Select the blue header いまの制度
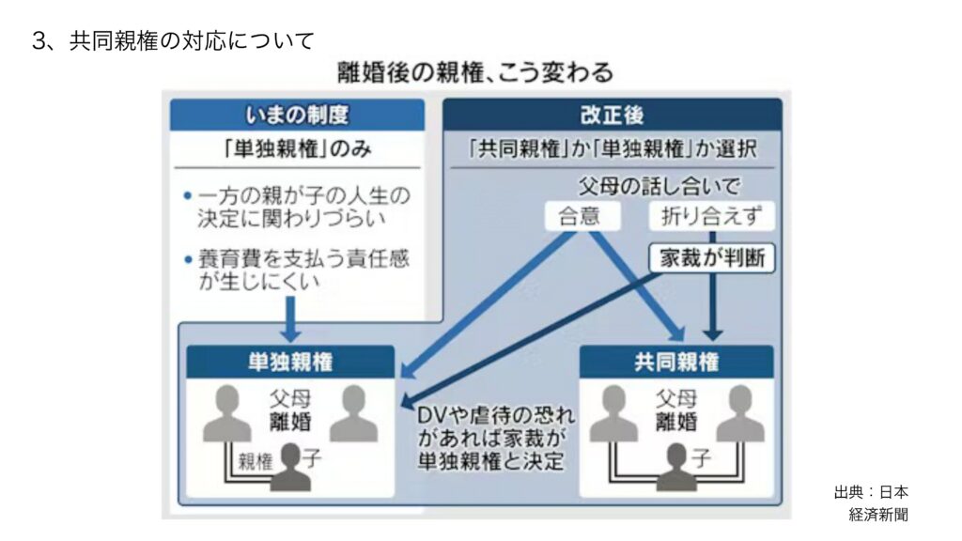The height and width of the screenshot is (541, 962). point(296,115)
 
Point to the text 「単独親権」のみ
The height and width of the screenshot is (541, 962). point(296,149)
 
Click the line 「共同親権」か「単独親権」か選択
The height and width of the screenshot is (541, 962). point(612,149)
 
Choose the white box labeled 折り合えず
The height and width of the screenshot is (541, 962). point(712,216)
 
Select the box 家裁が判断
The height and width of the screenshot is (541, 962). point(712,258)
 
